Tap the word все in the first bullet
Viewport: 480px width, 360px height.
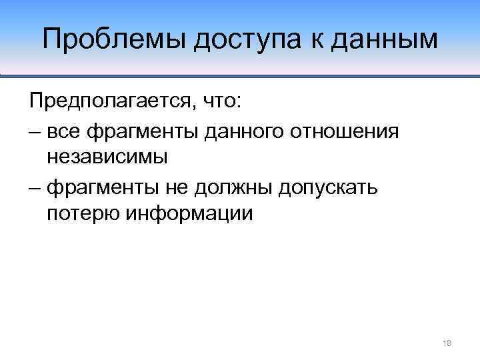click(66, 131)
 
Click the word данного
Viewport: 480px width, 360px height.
click(247, 131)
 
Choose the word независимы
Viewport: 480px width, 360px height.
click(107, 157)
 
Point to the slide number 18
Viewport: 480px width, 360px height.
click(447, 343)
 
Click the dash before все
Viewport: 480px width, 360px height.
click(35, 131)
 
